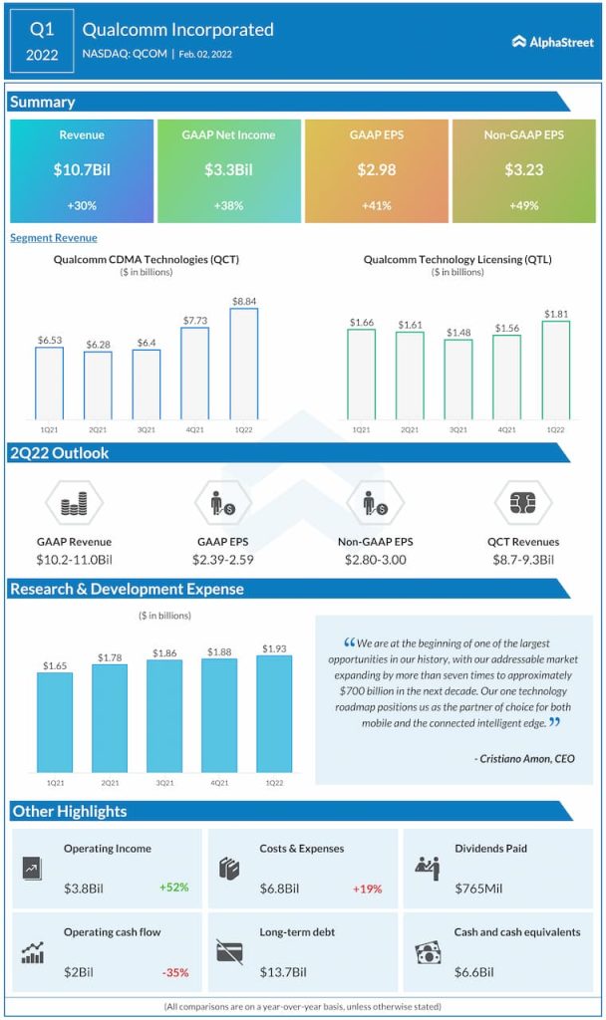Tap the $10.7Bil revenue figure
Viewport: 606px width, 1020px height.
point(82,170)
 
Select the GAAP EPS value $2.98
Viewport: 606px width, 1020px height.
point(377,170)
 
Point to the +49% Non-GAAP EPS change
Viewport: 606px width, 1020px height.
point(524,205)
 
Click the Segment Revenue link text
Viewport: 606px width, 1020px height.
point(54,238)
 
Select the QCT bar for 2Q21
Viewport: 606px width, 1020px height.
point(98,385)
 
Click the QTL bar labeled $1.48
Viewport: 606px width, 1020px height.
point(458,380)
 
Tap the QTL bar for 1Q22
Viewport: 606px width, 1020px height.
point(556,370)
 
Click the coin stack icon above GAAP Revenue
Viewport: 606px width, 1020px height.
point(75,504)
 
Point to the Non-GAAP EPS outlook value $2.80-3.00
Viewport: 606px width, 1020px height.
point(375,560)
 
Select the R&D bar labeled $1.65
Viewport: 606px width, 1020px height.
point(55,720)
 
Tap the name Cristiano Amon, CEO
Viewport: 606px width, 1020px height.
point(524,759)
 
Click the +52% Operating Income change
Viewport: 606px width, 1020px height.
point(172,887)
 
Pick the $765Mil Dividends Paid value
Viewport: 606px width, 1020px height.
point(478,887)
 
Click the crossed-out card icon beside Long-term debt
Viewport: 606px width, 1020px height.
point(229,952)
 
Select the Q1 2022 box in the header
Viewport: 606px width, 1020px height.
point(42,42)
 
